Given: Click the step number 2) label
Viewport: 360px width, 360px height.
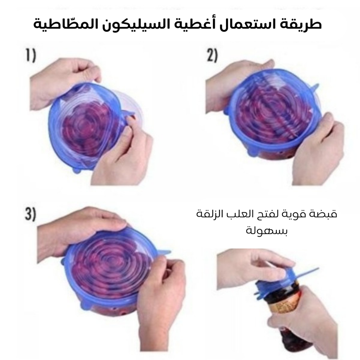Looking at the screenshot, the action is coord(212,56).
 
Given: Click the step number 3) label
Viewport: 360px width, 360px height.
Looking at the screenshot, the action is coord(31,214).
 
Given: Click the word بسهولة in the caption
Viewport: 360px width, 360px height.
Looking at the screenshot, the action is coord(266,230).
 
